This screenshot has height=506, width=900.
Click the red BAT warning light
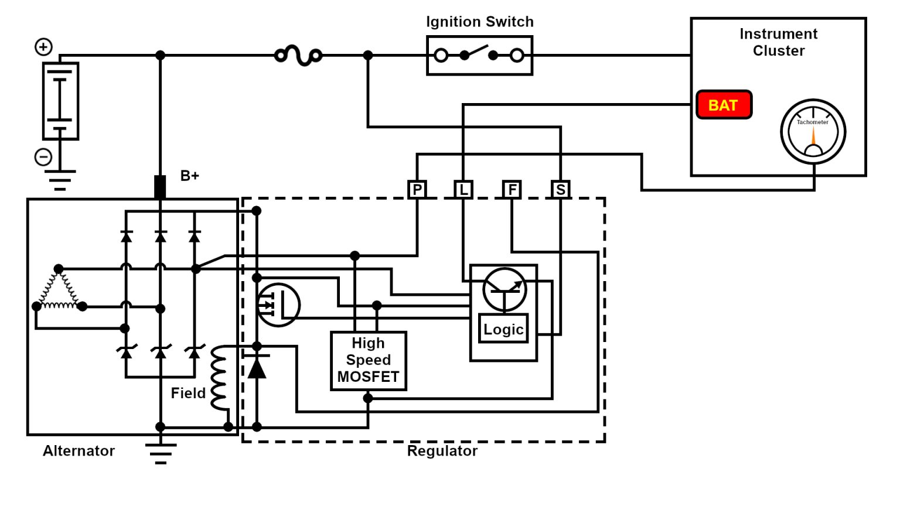(x=724, y=105)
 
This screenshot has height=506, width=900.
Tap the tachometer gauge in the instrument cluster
(x=813, y=131)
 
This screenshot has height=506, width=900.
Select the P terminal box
(x=417, y=189)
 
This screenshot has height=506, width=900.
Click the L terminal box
(x=463, y=189)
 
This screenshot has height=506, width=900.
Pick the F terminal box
(x=512, y=189)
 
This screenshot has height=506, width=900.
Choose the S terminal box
(x=561, y=189)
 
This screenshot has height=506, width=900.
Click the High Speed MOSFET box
(x=368, y=360)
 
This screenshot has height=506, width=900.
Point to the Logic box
(x=503, y=329)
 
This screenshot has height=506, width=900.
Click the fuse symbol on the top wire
(x=299, y=56)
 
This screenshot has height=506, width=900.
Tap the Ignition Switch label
(x=479, y=22)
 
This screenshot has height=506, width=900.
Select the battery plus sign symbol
(x=43, y=47)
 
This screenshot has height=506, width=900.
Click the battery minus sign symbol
(x=43, y=157)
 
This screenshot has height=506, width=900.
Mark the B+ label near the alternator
(x=189, y=176)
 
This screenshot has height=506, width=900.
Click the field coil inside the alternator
(x=219, y=378)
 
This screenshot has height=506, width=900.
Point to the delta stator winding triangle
(x=59, y=290)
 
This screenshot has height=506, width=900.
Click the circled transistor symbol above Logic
(x=504, y=289)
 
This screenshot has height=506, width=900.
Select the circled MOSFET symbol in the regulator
(x=278, y=305)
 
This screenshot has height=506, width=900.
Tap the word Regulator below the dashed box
(x=442, y=450)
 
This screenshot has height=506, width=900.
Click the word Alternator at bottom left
(x=79, y=450)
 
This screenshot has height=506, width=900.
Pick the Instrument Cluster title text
(x=778, y=42)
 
